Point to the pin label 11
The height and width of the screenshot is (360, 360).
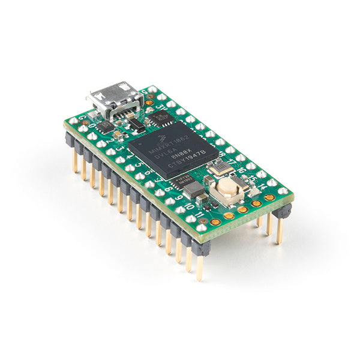tap(199, 212)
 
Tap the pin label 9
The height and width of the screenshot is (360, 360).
tap(179, 196)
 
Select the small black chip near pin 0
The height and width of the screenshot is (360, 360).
tap(106, 126)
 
